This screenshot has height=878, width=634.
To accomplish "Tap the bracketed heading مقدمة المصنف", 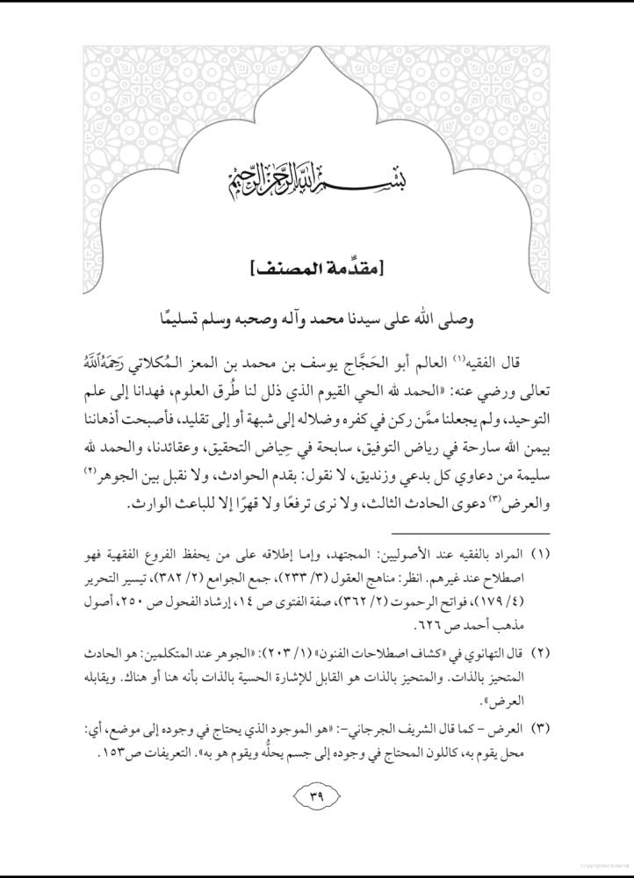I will tap(316, 263).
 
